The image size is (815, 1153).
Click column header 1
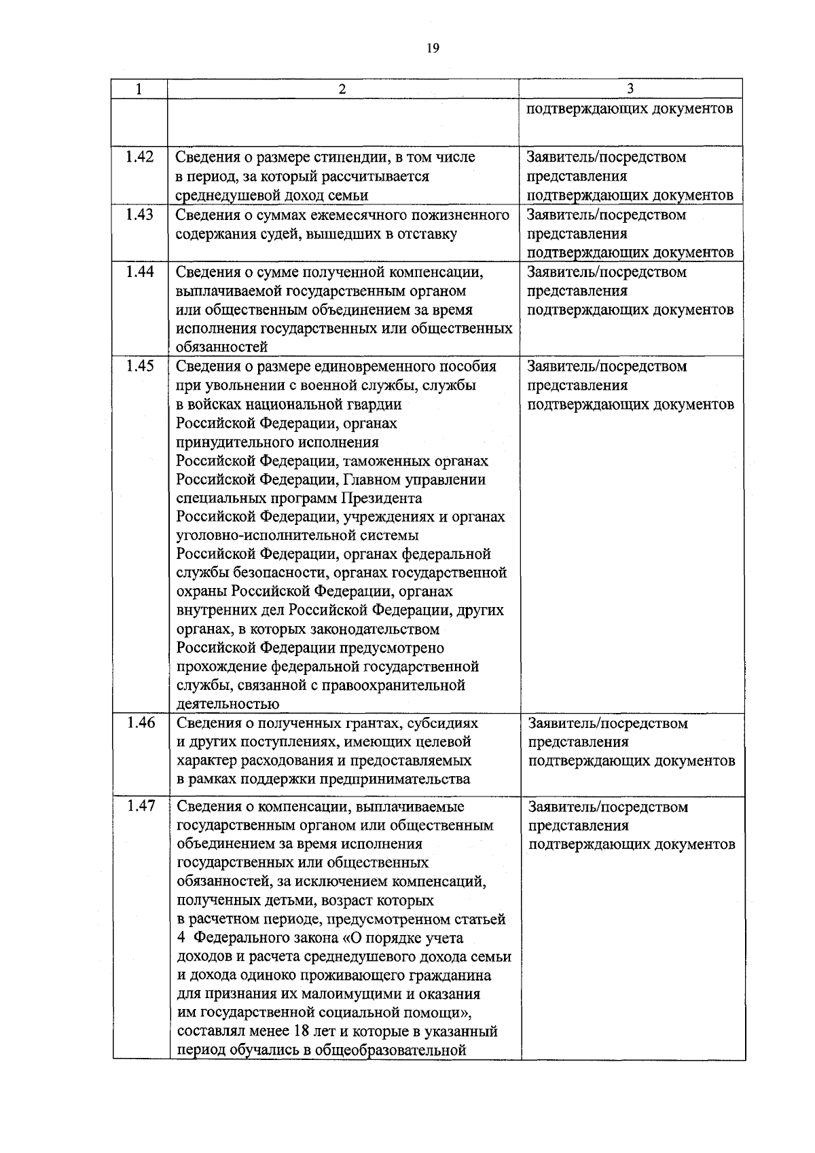(139, 89)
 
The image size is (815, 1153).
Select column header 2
(342, 89)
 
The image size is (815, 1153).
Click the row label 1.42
(140, 157)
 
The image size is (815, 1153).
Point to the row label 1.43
(140, 215)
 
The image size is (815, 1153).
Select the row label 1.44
(140, 272)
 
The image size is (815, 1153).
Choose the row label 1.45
(140, 366)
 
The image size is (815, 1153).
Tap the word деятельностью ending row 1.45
(228, 704)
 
